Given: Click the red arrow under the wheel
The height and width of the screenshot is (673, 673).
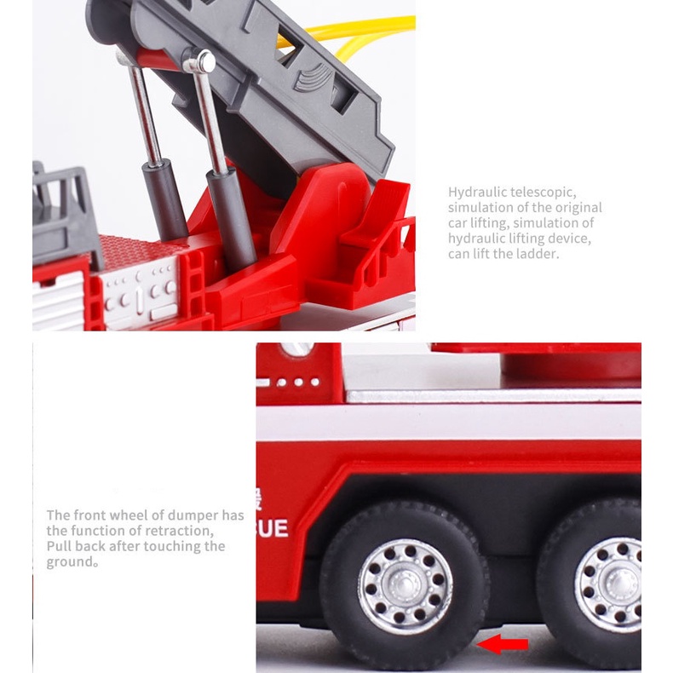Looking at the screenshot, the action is click(x=502, y=644).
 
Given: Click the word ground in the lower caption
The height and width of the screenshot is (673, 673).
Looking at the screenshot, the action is click(x=70, y=562).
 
